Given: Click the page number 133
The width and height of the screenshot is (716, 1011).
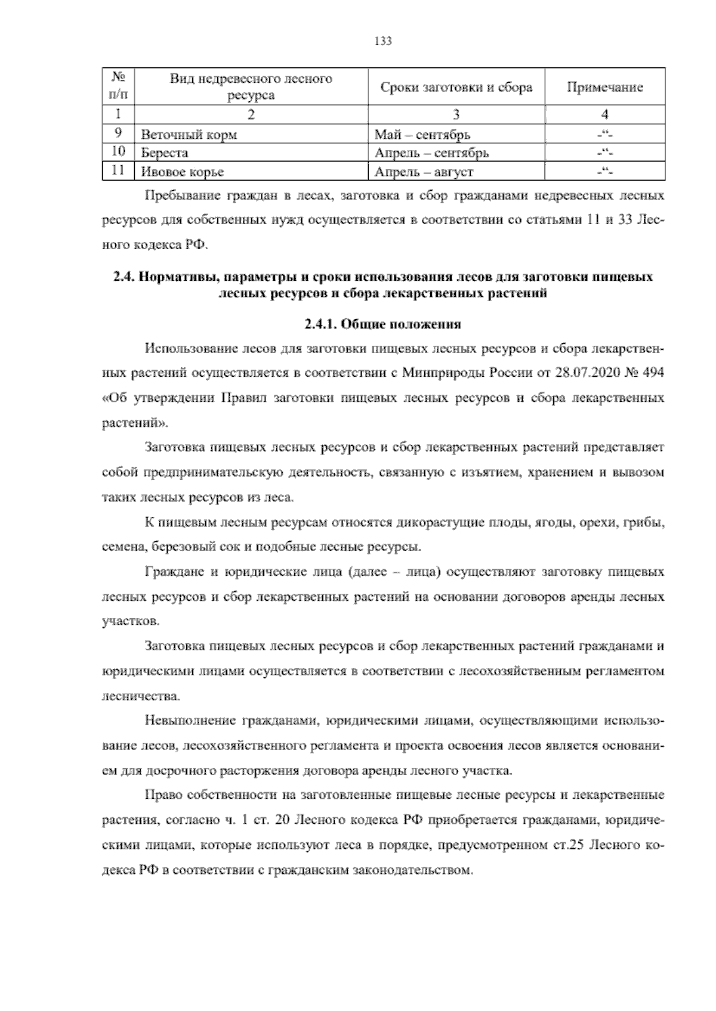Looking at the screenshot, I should [x=382, y=41].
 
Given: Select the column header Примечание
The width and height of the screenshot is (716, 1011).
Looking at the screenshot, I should [x=604, y=88].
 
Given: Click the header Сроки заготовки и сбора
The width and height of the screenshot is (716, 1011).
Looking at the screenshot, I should [x=456, y=88].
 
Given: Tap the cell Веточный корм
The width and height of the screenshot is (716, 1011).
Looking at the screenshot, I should [x=189, y=134].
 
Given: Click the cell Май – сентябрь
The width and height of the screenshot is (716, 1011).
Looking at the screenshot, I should [x=422, y=134].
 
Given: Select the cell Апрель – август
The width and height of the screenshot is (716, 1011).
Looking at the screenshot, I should [x=424, y=172].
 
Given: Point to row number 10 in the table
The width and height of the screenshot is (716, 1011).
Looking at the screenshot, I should [x=118, y=153].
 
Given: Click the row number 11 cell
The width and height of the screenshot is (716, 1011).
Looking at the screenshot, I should [x=118, y=172].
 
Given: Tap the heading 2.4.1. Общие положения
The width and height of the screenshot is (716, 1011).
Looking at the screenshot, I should [x=382, y=325].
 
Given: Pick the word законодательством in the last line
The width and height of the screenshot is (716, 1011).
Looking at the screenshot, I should [x=412, y=870].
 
